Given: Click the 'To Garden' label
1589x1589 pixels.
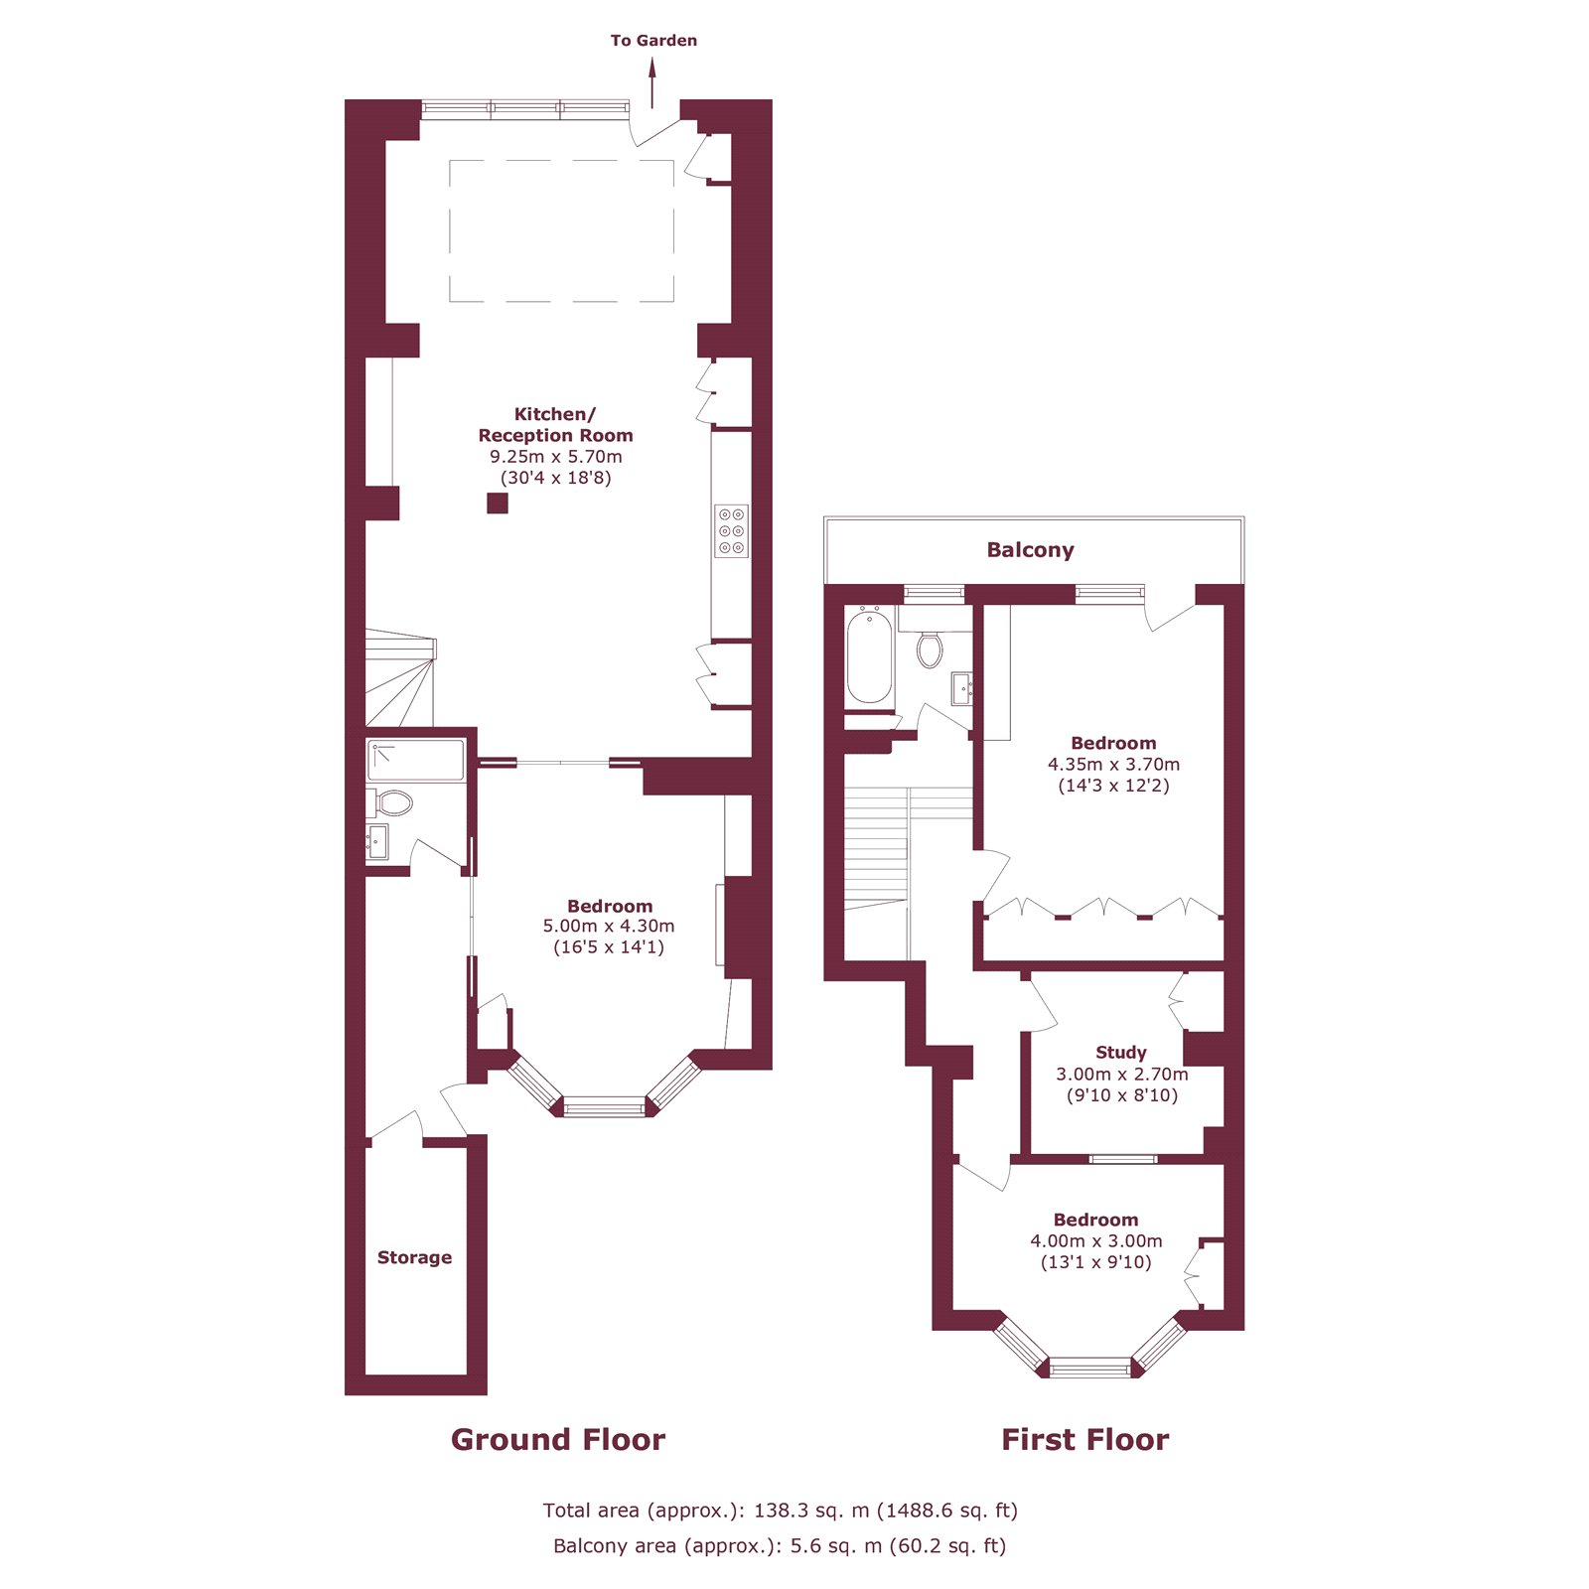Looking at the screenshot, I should pyautogui.click(x=653, y=41).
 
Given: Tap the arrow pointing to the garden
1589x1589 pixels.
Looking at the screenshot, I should pyautogui.click(x=652, y=82).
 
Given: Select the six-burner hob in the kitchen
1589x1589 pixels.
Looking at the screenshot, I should pyautogui.click(x=732, y=531).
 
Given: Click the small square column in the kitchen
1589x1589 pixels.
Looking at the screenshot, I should pyautogui.click(x=498, y=504).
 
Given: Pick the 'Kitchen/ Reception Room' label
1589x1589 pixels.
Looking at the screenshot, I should pyautogui.click(x=555, y=425).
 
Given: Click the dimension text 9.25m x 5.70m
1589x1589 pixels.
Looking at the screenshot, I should pyautogui.click(x=555, y=457).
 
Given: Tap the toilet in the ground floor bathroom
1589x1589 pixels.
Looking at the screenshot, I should pyautogui.click(x=393, y=802).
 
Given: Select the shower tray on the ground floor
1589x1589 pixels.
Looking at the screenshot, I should pyautogui.click(x=416, y=760).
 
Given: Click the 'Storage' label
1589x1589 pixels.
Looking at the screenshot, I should pyautogui.click(x=414, y=1257).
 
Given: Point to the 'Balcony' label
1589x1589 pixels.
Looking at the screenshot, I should pyautogui.click(x=1030, y=550).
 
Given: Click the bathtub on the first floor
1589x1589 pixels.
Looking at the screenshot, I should pyautogui.click(x=869, y=657).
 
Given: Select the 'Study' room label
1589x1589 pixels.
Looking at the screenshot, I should pyautogui.click(x=1121, y=1053).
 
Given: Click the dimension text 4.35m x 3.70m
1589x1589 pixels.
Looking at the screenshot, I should pyautogui.click(x=1113, y=765).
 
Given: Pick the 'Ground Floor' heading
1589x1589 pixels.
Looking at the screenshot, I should pyautogui.click(x=557, y=1440).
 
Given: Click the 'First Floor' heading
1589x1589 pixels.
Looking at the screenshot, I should pyautogui.click(x=1084, y=1440).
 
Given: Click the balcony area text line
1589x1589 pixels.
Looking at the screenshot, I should pyautogui.click(x=780, y=1546).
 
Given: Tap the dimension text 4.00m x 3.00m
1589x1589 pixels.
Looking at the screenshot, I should pyautogui.click(x=1095, y=1241).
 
